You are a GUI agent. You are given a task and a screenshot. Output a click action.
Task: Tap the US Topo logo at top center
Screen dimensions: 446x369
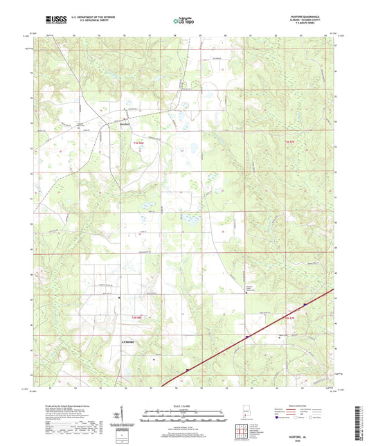click(182, 21)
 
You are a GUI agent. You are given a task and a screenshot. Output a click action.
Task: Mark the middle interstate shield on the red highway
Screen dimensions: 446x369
click(246, 337)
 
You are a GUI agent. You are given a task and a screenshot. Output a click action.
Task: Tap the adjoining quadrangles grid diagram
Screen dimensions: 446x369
click(244, 431)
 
